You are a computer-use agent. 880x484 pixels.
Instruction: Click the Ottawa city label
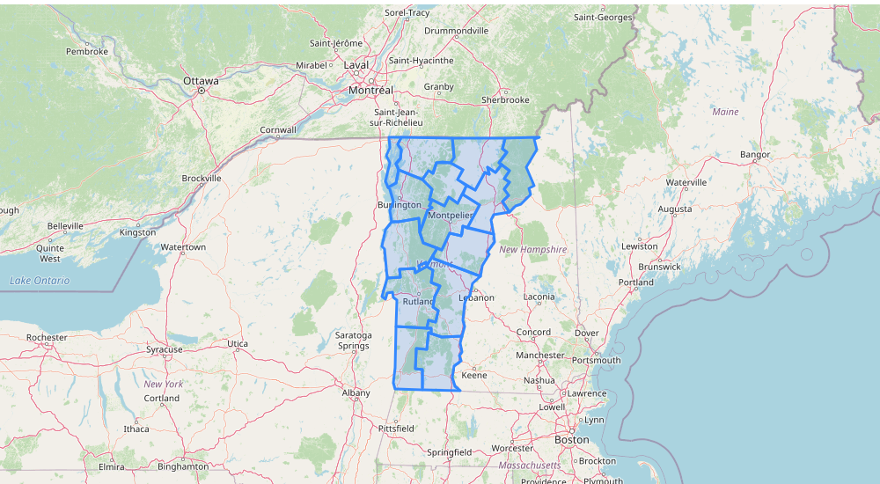click(200, 81)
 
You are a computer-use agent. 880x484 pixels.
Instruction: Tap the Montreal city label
click(370, 91)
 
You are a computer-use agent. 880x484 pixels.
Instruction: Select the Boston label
click(571, 439)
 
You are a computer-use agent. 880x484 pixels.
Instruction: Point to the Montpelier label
click(450, 216)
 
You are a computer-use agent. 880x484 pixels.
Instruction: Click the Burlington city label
click(400, 205)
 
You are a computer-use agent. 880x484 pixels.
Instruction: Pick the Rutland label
click(418, 302)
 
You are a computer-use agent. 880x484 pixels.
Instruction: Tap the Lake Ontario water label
click(40, 281)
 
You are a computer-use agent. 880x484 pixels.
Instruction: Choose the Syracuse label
click(165, 349)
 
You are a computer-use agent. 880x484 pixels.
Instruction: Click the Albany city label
click(356, 392)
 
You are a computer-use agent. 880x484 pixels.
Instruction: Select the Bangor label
click(755, 155)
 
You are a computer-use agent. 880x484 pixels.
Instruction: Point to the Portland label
click(636, 282)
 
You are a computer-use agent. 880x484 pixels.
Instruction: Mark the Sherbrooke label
click(505, 100)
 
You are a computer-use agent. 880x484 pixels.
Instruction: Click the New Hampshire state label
click(533, 250)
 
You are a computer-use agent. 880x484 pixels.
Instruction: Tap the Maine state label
click(726, 112)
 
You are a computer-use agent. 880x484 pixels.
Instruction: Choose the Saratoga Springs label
click(354, 341)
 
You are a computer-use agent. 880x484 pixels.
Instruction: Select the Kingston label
click(136, 232)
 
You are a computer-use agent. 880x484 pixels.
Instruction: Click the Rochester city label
click(47, 337)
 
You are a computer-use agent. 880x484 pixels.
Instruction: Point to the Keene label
click(473, 375)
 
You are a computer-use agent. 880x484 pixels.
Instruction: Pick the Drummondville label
click(456, 31)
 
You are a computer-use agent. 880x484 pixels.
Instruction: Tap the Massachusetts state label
click(529, 464)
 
